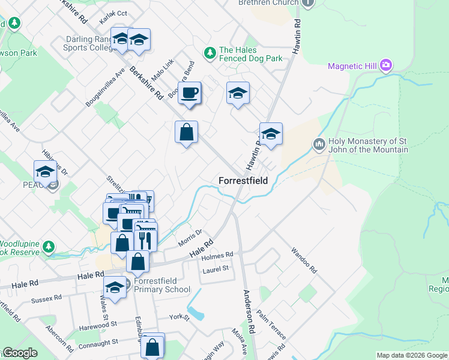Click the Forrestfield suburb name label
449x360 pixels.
tap(243, 180)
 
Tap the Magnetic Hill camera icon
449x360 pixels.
tap(386, 65)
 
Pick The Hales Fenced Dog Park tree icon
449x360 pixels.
tap(209, 54)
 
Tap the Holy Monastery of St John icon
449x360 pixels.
tap(319, 145)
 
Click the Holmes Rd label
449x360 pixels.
tap(217, 256)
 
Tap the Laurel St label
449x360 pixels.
tap(216, 269)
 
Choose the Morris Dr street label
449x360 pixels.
tap(191, 238)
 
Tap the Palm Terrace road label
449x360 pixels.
tap(271, 325)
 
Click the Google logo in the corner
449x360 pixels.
tap(19, 353)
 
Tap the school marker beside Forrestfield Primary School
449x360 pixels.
tap(115, 286)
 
